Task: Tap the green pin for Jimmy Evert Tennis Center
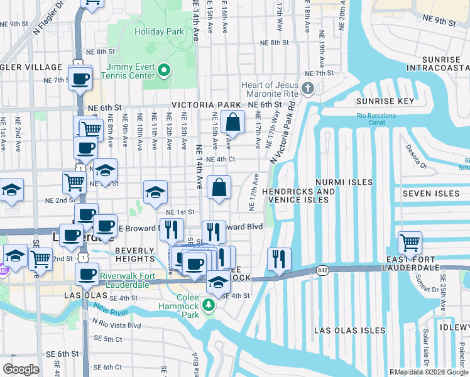pos(165,70)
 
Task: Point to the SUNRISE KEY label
pos(385,101)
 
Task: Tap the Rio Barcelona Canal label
pos(376,119)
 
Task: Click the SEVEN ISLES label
pos(431,194)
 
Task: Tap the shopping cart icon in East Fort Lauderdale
pos(410,242)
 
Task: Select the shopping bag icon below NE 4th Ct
pos(219,187)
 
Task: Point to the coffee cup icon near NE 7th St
pos(80,79)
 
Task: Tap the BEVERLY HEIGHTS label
pos(134,254)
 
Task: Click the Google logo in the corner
pos(21,369)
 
